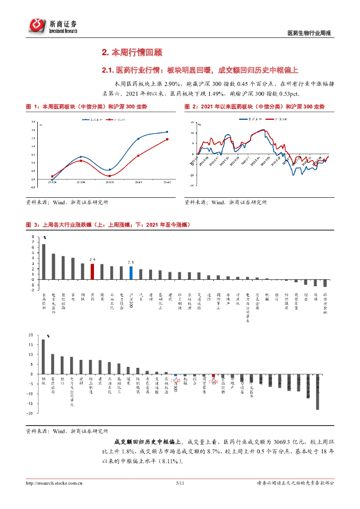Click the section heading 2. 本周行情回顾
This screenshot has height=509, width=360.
(x=132, y=52)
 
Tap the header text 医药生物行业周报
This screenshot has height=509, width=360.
(x=309, y=33)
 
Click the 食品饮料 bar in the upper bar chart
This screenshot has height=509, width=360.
(x=44, y=261)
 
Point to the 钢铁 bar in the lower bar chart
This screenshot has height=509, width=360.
(x=44, y=356)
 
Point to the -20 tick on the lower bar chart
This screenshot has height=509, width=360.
(x=31, y=413)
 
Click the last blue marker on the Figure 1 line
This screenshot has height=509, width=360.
(x=167, y=132)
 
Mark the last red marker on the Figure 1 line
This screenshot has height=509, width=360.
(x=167, y=139)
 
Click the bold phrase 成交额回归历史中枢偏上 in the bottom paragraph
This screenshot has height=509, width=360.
(x=149, y=441)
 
